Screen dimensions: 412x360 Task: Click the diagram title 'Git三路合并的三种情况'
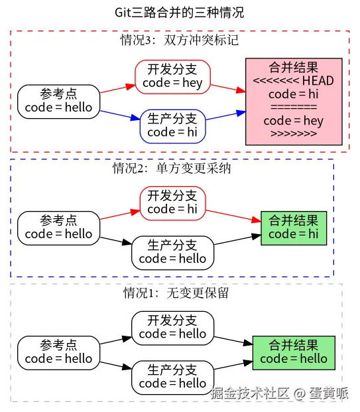(179, 13)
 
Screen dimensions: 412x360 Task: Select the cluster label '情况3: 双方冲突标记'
(179, 40)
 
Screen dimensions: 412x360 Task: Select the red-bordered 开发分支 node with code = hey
(172, 76)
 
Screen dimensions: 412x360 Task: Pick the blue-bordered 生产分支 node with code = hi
(172, 125)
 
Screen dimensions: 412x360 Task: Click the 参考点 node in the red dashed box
(58, 101)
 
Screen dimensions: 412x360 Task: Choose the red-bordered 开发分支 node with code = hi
(172, 202)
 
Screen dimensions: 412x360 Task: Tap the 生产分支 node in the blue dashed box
(172, 252)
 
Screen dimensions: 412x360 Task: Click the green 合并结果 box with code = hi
(293, 227)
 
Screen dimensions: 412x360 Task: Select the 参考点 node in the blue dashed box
(58, 227)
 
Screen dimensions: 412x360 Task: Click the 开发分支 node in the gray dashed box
(172, 327)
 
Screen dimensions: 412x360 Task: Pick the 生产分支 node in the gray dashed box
(172, 376)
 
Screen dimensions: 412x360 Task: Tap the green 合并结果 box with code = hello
(293, 352)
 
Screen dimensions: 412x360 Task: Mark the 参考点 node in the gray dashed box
(58, 352)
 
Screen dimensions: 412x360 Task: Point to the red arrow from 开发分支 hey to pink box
(227, 88)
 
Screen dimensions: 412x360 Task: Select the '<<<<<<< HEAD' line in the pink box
(293, 81)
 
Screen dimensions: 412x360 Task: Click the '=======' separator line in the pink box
(293, 107)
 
